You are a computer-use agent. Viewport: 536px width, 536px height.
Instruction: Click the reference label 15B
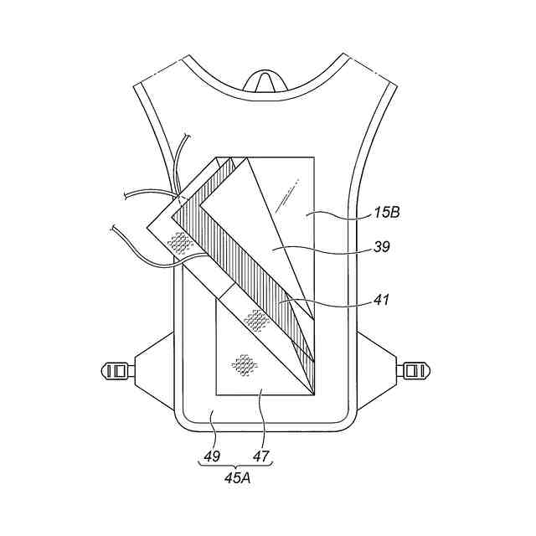pyautogui.click(x=387, y=213)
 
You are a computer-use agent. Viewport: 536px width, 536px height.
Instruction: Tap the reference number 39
pyautogui.click(x=382, y=246)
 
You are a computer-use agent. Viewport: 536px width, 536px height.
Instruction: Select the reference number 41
pyautogui.click(x=382, y=300)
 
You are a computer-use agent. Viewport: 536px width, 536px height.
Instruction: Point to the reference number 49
pyautogui.click(x=212, y=456)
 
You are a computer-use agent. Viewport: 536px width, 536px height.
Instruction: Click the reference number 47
pyautogui.click(x=260, y=456)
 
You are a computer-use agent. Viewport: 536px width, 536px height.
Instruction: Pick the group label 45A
pyautogui.click(x=238, y=478)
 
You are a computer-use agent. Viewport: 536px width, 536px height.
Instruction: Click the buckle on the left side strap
pyautogui.click(x=118, y=370)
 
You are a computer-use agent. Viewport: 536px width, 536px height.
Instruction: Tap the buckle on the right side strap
pyautogui.click(x=413, y=370)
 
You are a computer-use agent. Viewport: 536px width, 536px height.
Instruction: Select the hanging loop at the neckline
pyautogui.click(x=265, y=82)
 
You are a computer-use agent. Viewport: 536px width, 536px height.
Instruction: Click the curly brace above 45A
pyautogui.click(x=236, y=464)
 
